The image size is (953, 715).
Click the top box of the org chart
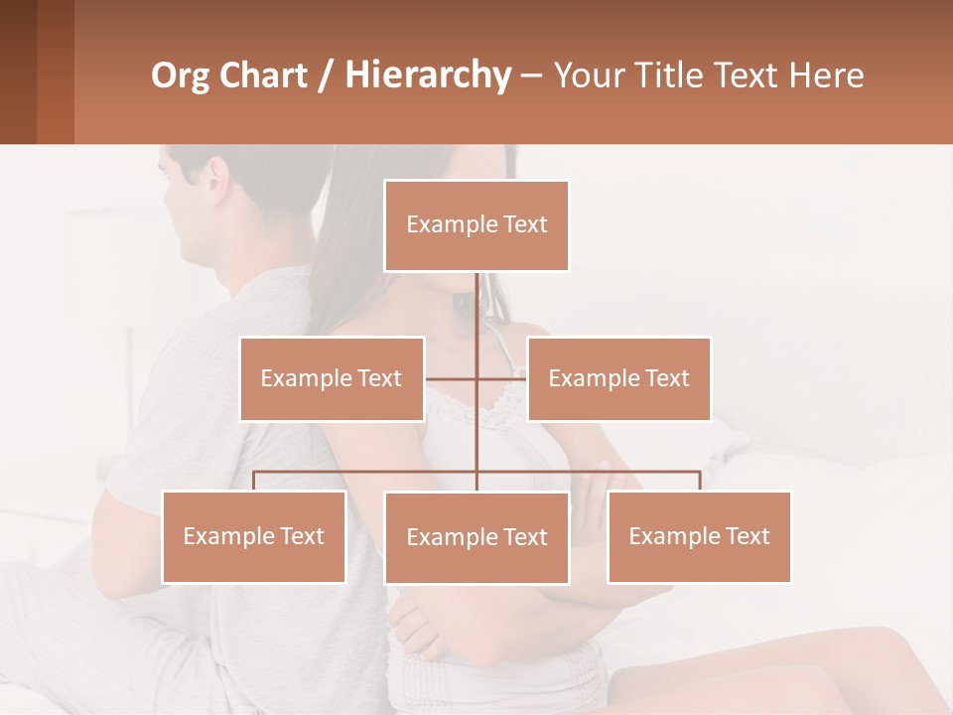tap(476, 225)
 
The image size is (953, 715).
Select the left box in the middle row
tap(332, 378)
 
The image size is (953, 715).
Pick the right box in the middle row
tap(618, 378)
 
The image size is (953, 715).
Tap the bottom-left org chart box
tap(254, 536)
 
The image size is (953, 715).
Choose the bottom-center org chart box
tap(476, 537)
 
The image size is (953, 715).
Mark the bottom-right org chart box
tap(699, 536)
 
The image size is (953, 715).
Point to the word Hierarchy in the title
tap(427, 75)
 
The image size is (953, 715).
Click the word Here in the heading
tap(827, 75)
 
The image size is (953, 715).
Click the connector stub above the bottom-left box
tap(254, 481)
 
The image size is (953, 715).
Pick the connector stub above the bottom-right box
tap(699, 481)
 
